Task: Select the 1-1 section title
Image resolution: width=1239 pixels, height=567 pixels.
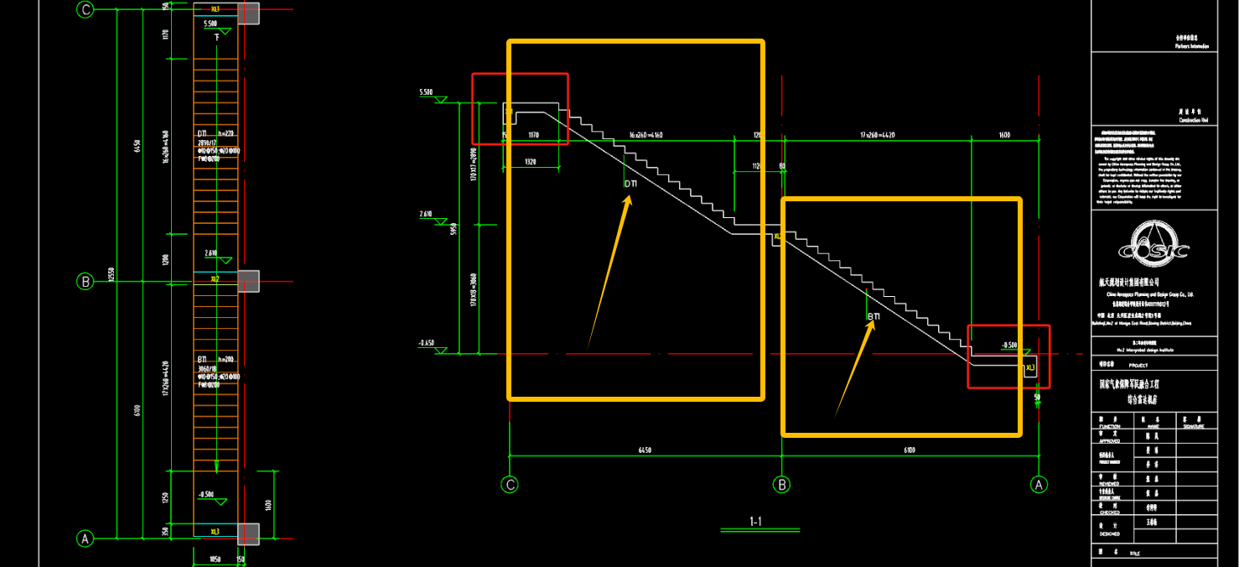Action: pyautogui.click(x=755, y=522)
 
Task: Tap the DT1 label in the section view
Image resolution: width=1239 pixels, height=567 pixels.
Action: pyautogui.click(x=630, y=184)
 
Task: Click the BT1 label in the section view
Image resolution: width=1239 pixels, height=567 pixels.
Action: pyautogui.click(x=874, y=316)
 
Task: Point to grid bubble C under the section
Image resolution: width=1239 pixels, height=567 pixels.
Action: pyautogui.click(x=510, y=484)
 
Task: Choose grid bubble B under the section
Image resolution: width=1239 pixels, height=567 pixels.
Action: pyautogui.click(x=782, y=484)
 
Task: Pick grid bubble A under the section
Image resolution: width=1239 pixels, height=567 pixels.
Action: pyautogui.click(x=1039, y=484)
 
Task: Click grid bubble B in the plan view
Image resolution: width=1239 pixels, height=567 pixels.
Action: pyautogui.click(x=85, y=281)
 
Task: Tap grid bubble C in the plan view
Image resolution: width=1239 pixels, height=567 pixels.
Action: pyautogui.click(x=85, y=10)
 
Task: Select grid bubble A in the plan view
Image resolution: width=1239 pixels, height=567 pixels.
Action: pyautogui.click(x=85, y=538)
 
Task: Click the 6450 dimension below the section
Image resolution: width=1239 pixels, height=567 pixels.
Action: pyautogui.click(x=645, y=450)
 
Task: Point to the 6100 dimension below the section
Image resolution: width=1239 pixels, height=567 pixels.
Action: pyautogui.click(x=910, y=450)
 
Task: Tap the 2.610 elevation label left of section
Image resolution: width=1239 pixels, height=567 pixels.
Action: pyautogui.click(x=425, y=215)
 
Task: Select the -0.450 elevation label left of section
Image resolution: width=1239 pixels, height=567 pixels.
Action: pyautogui.click(x=426, y=343)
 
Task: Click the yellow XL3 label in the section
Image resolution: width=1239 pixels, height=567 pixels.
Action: pyautogui.click(x=1031, y=367)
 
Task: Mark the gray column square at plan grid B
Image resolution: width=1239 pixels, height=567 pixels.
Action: pyautogui.click(x=248, y=281)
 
